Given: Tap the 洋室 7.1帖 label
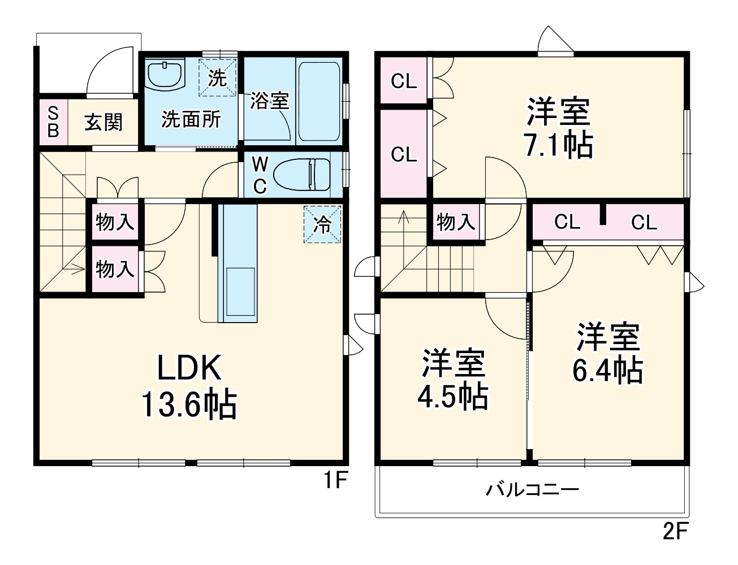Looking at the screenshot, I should coord(559,128).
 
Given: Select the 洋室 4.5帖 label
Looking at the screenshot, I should coord(453,380).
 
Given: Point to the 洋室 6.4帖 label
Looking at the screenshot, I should coord(607,354).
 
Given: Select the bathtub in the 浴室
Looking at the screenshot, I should coord(319,101).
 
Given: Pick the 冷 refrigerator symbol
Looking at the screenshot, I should coord(323,225).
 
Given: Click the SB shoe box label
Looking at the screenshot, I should coord(53,122).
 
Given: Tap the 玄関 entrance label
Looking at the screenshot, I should coord(103,122).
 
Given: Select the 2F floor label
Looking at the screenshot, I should coord(675,532).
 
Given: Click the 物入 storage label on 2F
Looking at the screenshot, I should coord(455,222).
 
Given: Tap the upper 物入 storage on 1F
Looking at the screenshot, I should coord(115,222).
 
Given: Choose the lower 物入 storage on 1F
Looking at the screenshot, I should coord(115,269).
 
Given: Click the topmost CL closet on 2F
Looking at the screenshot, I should coord(404,81).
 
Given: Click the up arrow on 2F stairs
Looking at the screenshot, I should coord(403,218).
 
